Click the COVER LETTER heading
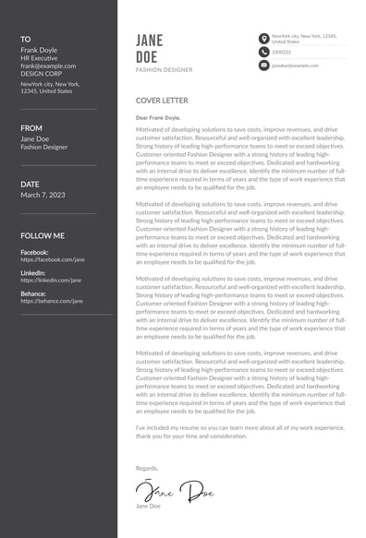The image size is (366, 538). (x=162, y=100)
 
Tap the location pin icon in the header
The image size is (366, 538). (x=263, y=38)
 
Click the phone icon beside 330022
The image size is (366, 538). (x=263, y=52)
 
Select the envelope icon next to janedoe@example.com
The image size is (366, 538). (x=263, y=66)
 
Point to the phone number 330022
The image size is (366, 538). (x=281, y=52)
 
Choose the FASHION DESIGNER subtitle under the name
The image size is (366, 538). (x=164, y=69)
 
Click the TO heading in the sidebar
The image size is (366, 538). (x=26, y=39)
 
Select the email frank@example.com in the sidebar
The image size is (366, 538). (x=46, y=66)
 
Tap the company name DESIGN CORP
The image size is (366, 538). (x=43, y=74)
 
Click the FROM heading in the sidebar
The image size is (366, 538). (x=31, y=128)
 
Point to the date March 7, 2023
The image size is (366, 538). (x=43, y=195)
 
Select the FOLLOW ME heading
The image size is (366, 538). (x=43, y=235)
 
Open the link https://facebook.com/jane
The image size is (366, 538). (x=52, y=259)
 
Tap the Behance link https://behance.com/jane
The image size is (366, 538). (x=51, y=301)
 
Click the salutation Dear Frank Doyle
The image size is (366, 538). (x=159, y=118)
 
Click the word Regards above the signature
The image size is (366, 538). (x=147, y=469)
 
